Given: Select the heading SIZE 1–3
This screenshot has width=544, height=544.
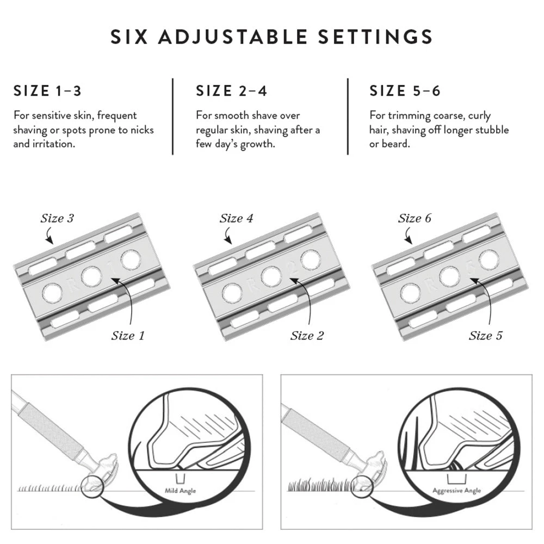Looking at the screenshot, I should click(47, 91).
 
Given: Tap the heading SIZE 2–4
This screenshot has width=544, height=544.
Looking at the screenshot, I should click(231, 91).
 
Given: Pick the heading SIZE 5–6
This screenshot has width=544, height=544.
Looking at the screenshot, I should click(405, 91).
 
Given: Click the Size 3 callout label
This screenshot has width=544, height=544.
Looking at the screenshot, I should click(57, 219).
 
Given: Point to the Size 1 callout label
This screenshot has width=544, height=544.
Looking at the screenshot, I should click(128, 335).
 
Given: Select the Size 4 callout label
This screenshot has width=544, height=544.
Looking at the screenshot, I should click(236, 219).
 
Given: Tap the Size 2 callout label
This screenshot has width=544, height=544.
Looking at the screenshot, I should click(307, 335).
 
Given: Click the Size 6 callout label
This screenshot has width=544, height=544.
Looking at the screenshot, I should click(415, 219).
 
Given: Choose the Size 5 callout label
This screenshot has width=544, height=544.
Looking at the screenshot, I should click(485, 335).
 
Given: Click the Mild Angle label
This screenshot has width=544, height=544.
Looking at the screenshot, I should click(180, 491).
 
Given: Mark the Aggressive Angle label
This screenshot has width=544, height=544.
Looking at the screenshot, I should click(457, 491).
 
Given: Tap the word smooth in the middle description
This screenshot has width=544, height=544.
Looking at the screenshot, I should click(231, 116).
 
